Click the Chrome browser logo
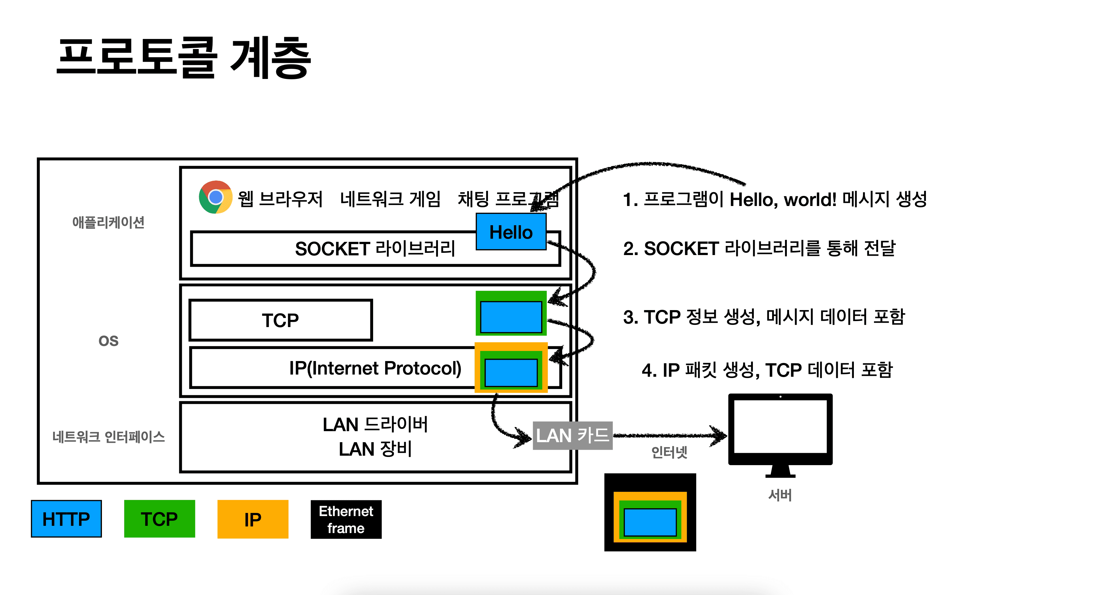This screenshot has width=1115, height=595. click(x=215, y=197)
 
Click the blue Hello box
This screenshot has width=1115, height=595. click(x=511, y=232)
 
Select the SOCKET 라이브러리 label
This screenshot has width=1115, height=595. click(x=375, y=249)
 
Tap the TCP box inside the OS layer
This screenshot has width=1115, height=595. click(x=281, y=320)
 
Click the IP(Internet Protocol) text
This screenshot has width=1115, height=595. click(x=375, y=368)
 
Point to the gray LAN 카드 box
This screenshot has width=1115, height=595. click(x=572, y=435)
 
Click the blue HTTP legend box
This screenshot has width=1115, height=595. click(x=66, y=519)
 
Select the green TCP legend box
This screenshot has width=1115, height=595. click(x=159, y=519)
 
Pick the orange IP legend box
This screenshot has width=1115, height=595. click(x=253, y=519)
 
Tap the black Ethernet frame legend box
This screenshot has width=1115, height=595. click(x=346, y=519)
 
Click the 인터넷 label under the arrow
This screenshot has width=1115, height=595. click(x=669, y=453)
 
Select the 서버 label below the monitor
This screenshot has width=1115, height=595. click(x=780, y=495)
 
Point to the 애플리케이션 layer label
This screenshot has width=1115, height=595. click(x=108, y=222)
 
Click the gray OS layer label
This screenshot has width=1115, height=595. click(x=108, y=341)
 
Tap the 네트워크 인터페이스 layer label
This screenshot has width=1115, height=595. click(x=108, y=437)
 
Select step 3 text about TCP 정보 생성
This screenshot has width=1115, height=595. click(x=764, y=317)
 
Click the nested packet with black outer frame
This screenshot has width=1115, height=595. click(x=650, y=512)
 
